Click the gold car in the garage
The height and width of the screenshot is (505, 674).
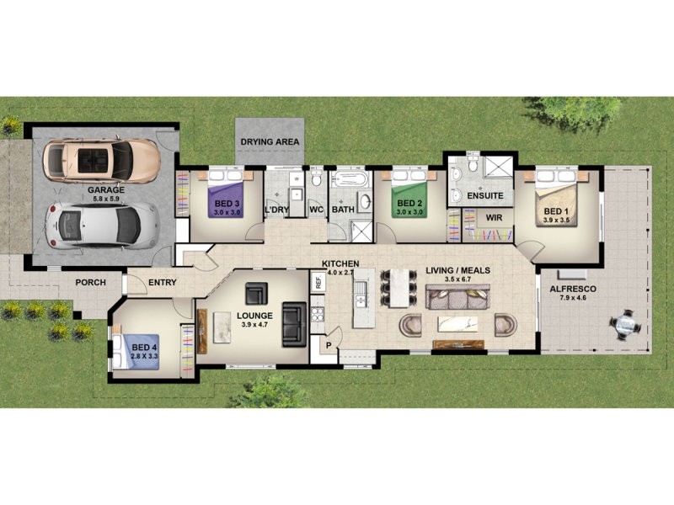[x=100, y=159]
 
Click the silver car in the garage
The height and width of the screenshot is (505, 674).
[x=101, y=224]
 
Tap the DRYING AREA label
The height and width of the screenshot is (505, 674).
[x=270, y=142]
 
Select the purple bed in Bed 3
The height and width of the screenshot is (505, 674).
[x=227, y=202]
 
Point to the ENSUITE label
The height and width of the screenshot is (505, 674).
[x=485, y=195]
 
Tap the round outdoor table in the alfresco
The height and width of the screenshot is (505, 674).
[x=625, y=323]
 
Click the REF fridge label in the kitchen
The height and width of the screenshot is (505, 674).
[x=318, y=282]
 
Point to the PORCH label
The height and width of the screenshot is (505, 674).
[x=89, y=283]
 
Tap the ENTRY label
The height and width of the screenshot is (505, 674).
[x=162, y=283]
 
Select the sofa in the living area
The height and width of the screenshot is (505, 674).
[x=457, y=297]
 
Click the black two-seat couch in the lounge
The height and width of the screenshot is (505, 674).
[x=294, y=323]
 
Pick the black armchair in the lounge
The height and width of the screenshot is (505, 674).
[x=256, y=295]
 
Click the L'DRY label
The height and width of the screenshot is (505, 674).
[x=278, y=209]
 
